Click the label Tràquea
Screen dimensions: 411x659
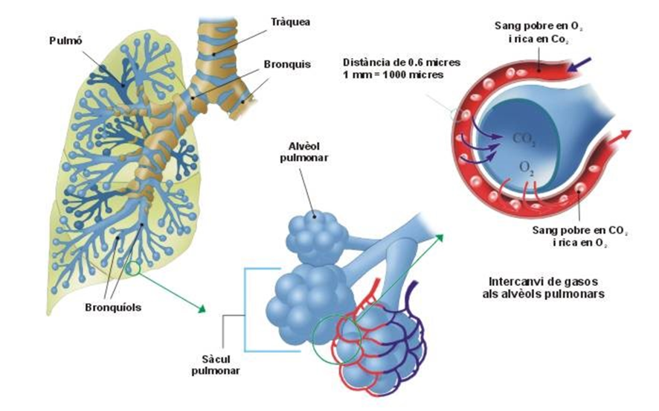(291, 22)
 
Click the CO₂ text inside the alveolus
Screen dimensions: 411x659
(523, 138)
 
